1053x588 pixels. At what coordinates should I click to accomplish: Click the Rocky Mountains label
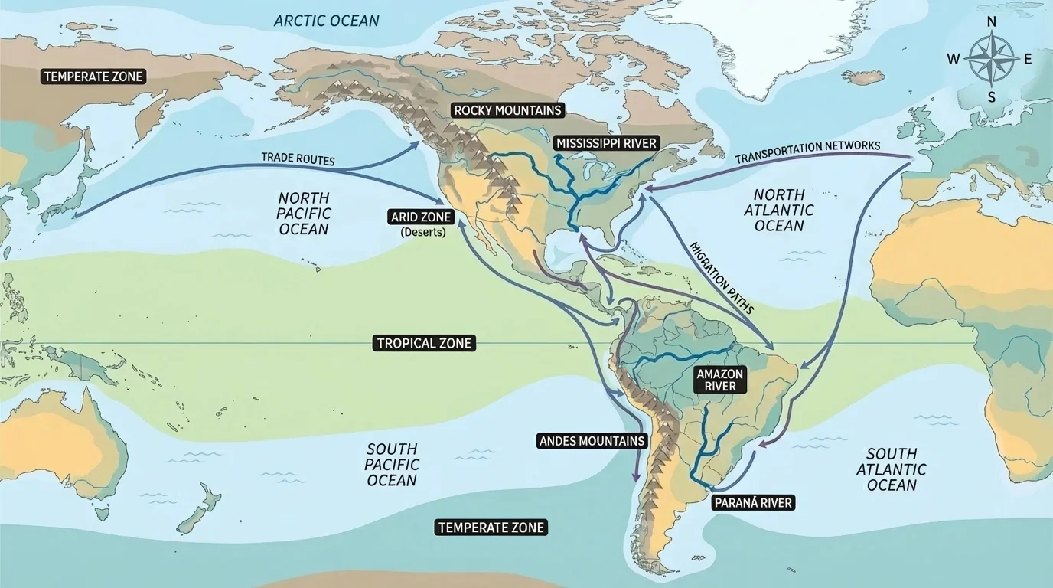508,110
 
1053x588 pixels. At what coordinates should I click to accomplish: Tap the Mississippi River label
607,143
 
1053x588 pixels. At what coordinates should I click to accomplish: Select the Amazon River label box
719,380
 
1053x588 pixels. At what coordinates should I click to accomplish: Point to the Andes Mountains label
592,441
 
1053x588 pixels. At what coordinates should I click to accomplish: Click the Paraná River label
753,503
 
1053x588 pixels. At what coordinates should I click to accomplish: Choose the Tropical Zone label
424,344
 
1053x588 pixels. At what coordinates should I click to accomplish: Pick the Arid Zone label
422,217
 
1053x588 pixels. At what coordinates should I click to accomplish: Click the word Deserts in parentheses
423,232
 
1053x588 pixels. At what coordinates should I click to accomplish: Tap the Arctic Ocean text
327,21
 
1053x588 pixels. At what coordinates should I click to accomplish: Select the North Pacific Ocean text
303,213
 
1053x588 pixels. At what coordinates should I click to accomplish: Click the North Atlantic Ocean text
779,210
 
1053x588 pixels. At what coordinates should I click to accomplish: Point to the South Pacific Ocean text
392,464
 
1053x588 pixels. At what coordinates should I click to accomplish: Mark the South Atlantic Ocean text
892,469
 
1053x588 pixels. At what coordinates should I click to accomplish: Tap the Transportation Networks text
807,152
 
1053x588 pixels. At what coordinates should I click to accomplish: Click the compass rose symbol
992,59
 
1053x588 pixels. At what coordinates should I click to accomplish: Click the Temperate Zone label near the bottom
491,528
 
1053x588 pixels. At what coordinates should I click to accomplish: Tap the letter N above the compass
992,21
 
